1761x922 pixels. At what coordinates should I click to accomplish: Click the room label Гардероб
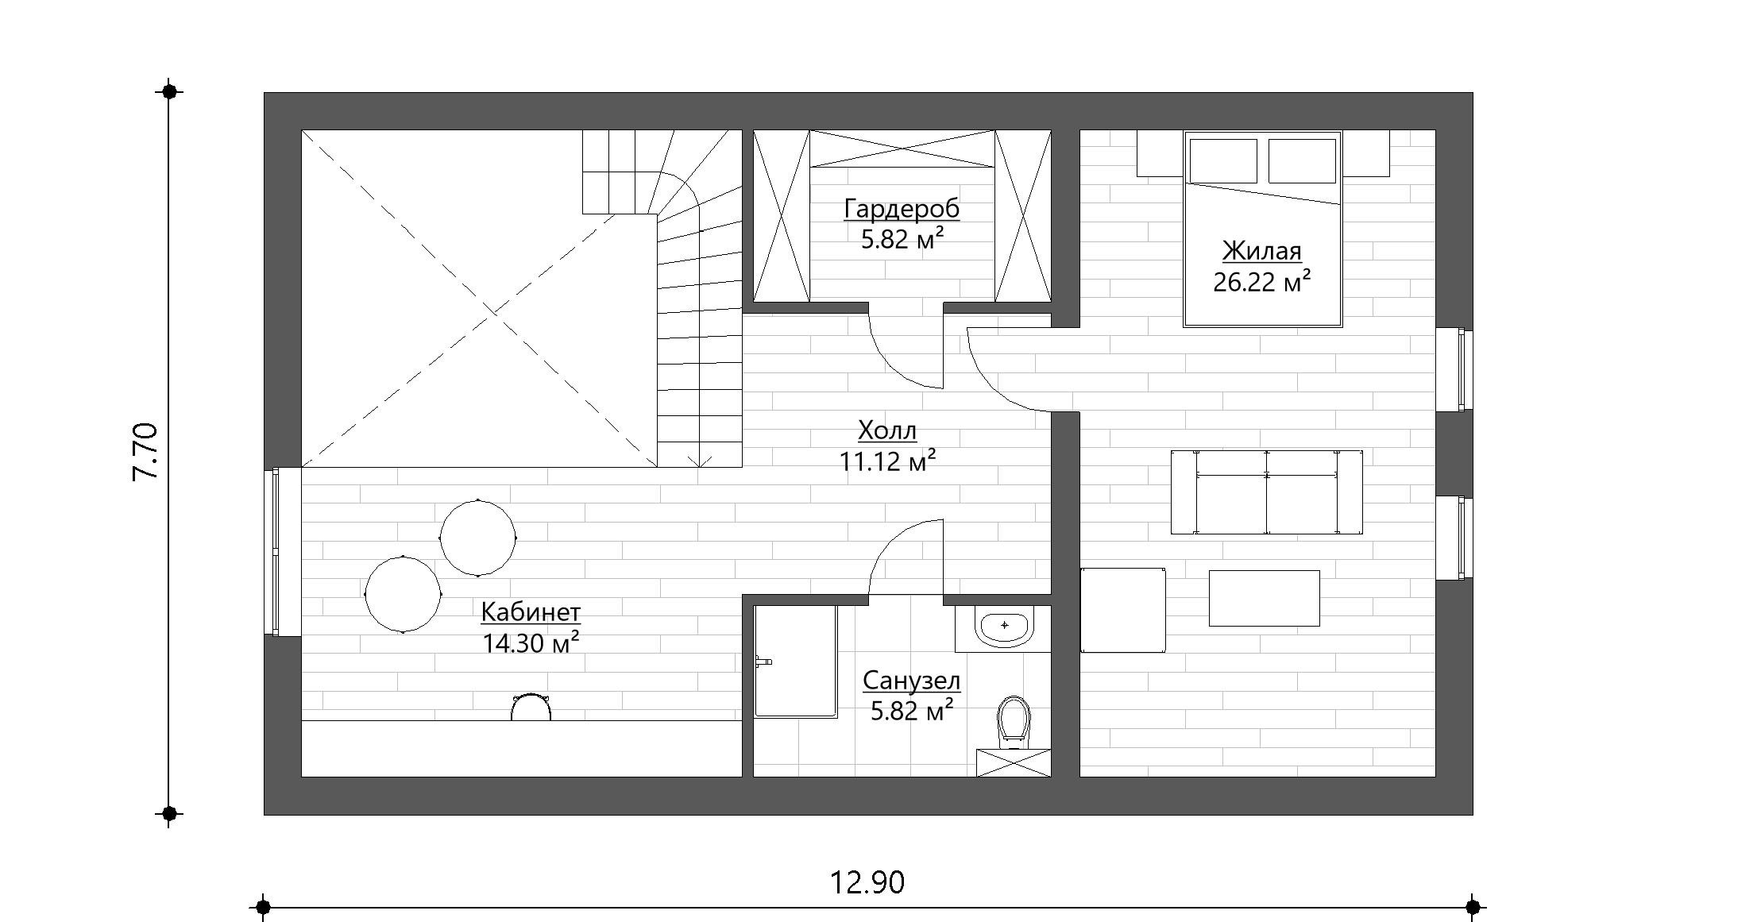click(902, 209)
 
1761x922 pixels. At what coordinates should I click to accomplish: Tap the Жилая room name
click(1261, 251)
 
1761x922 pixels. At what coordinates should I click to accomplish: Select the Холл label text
click(887, 431)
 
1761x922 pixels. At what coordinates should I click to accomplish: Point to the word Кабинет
click(531, 612)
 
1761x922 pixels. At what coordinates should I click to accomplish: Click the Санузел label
click(911, 681)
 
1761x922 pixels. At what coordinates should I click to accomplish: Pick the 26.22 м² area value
click(1261, 281)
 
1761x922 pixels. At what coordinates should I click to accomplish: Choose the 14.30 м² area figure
click(530, 642)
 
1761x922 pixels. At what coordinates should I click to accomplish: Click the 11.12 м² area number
click(887, 461)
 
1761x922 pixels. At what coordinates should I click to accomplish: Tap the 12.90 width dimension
click(867, 882)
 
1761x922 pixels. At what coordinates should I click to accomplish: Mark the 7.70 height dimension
click(146, 451)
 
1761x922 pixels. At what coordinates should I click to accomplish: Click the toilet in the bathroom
click(1014, 723)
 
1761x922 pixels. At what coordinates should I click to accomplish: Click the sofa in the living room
click(1267, 492)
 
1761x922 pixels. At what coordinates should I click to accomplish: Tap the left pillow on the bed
click(1223, 161)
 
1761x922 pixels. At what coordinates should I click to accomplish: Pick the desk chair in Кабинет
click(531, 707)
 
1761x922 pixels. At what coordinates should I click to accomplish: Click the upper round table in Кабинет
click(478, 538)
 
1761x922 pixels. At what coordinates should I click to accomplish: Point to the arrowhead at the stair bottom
click(700, 461)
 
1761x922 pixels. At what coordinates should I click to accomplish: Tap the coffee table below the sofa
click(1265, 598)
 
